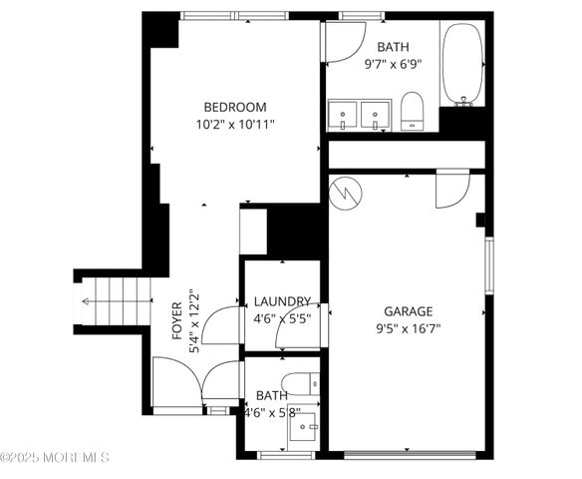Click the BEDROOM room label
(x=235, y=107)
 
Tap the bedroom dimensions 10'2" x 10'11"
(x=235, y=125)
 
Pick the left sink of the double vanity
(x=344, y=114)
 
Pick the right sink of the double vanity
(x=375, y=114)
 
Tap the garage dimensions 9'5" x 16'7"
(x=408, y=328)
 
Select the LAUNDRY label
(x=282, y=301)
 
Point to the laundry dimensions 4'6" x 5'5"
(x=282, y=319)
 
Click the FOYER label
(x=177, y=321)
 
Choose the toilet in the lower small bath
(x=299, y=383)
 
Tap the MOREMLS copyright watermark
(x=55, y=457)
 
